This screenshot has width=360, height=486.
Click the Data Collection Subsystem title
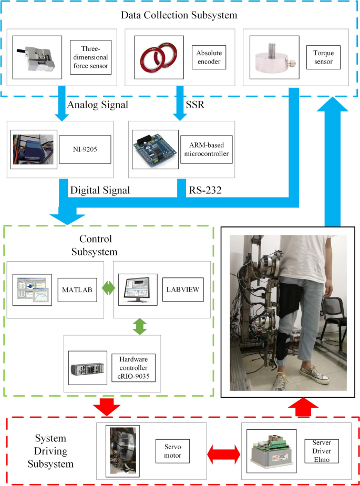tap(179, 15)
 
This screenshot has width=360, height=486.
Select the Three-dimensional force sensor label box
tap(91, 56)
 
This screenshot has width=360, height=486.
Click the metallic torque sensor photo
tap(271, 57)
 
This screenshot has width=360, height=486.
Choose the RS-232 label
tap(203, 189)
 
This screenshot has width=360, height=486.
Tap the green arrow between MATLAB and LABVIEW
tap(108, 289)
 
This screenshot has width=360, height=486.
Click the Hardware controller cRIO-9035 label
tap(133, 367)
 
